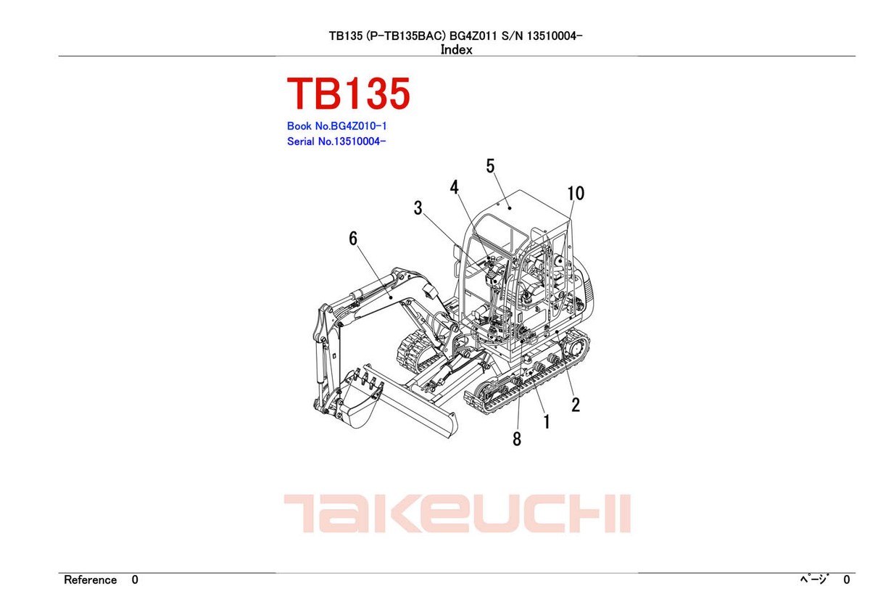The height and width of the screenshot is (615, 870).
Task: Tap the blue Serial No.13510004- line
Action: [336, 141]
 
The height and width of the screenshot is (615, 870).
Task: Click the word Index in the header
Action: [456, 50]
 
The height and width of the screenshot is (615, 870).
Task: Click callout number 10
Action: [576, 194]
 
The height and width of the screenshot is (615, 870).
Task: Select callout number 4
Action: [455, 188]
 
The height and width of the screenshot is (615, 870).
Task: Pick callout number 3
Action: [418, 209]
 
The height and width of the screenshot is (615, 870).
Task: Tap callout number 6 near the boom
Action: [353, 239]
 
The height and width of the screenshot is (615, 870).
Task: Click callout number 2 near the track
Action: [575, 405]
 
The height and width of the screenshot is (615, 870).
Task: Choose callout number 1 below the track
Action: [546, 421]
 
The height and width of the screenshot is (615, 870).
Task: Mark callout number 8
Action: [516, 439]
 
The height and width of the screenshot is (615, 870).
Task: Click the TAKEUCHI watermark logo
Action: [457, 514]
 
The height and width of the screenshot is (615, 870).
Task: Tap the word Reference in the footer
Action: [90, 580]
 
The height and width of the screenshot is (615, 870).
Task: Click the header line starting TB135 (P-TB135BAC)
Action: [455, 36]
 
